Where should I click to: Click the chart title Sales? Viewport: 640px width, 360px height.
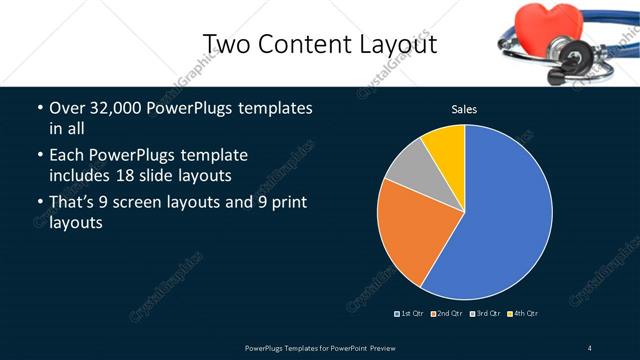[464, 109]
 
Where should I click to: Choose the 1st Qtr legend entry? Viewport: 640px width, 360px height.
[410, 314]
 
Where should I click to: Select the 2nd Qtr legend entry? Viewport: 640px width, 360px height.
[448, 314]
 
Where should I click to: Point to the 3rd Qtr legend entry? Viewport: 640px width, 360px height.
[486, 314]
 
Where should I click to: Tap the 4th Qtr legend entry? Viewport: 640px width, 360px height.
[523, 314]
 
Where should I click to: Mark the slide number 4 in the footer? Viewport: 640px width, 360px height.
[589, 347]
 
